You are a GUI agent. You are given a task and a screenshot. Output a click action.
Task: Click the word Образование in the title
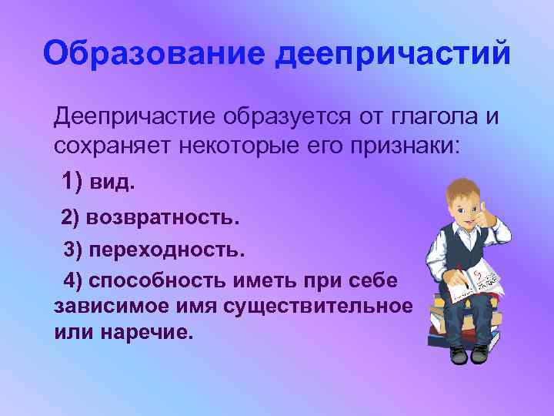tap(155, 55)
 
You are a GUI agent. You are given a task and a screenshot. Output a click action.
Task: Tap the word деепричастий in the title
tap(393, 55)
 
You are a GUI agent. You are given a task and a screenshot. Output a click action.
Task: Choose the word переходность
tap(166, 250)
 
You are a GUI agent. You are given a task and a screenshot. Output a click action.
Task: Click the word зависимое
tap(104, 306)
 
